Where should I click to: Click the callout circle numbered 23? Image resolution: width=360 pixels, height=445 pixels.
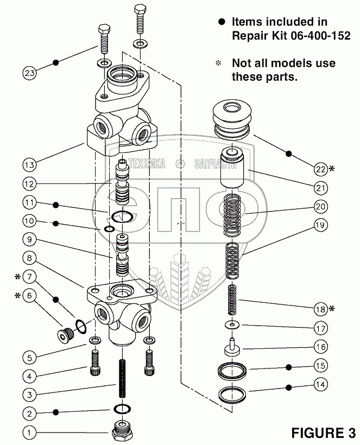click(30, 72)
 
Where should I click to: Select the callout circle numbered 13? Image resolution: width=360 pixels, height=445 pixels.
click(30, 164)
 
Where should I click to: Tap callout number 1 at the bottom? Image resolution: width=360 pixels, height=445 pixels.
click(29, 433)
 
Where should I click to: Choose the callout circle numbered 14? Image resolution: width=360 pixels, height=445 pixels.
click(320, 384)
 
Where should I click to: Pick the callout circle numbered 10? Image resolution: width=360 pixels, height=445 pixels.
click(29, 221)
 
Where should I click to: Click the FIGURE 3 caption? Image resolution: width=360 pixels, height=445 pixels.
click(323, 433)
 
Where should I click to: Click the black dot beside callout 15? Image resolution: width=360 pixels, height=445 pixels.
click(289, 366)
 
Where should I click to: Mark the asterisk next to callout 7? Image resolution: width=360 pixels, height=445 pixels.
click(18, 277)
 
